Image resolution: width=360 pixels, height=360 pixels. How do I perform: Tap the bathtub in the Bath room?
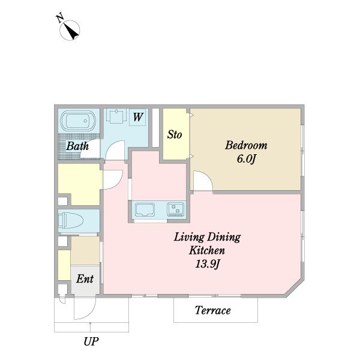pyautogui.click(x=78, y=121)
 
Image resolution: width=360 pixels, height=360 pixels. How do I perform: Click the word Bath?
pyautogui.click(x=77, y=146)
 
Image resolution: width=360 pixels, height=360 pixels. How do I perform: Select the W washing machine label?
pyautogui.click(x=138, y=118)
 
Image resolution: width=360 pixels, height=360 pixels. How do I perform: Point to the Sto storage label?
pyautogui.click(x=175, y=134)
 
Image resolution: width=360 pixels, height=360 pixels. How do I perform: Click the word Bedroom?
pyautogui.click(x=246, y=145)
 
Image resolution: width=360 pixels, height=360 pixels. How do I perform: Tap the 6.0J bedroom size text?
pyautogui.click(x=246, y=159)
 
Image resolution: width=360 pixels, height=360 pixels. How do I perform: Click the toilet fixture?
pyautogui.click(x=70, y=221)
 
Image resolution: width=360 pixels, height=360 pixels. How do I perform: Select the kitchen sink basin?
pyautogui.click(x=145, y=209)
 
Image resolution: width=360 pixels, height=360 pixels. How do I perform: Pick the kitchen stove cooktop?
pyautogui.click(x=176, y=209)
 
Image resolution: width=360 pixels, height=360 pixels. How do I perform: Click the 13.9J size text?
pyautogui.click(x=208, y=264)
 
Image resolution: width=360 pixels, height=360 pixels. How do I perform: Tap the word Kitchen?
pyautogui.click(x=207, y=250)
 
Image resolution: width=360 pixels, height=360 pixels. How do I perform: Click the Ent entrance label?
pyautogui.click(x=85, y=279)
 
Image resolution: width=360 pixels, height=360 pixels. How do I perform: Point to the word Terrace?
pyautogui.click(x=213, y=310)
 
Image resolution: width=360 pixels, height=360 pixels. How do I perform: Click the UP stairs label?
pyautogui.click(x=91, y=341)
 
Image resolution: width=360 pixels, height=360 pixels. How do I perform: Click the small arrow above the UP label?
pyautogui.click(x=90, y=327)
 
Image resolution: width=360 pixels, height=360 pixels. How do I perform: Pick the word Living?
pyautogui.click(x=188, y=238)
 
